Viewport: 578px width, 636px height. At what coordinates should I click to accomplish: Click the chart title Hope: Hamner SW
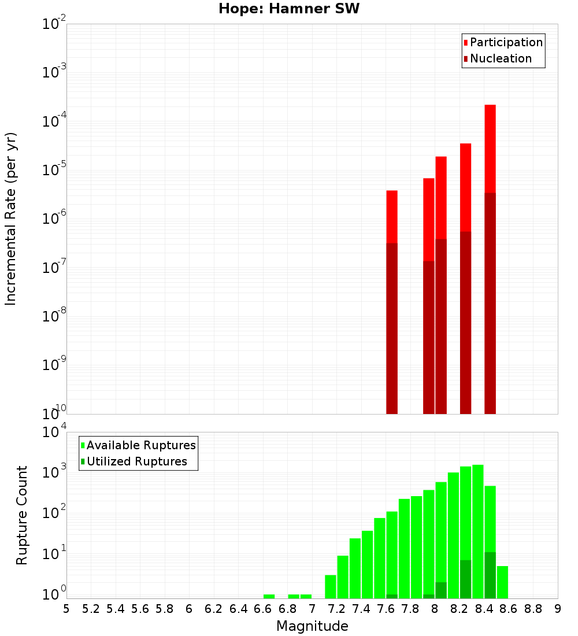[289, 9]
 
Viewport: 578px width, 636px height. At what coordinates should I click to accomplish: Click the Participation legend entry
[506, 43]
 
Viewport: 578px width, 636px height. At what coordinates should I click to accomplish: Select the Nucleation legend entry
[501, 59]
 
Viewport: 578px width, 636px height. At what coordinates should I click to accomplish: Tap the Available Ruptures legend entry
[141, 445]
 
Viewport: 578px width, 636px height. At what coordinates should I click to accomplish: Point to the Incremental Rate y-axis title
[11, 219]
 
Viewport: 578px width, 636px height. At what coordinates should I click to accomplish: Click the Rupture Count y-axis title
[22, 515]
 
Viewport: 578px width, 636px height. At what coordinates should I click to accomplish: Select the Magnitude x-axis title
[312, 626]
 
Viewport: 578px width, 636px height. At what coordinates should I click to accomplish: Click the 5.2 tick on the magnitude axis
[91, 609]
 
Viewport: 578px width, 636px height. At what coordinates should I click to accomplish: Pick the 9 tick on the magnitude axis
[557, 609]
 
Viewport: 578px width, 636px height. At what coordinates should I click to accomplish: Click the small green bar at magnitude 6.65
[269, 596]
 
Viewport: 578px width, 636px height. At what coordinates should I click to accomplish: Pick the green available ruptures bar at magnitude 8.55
[502, 582]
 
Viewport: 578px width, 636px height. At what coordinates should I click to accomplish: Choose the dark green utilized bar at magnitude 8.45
[490, 575]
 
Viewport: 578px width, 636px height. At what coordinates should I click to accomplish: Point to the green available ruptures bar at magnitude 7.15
[331, 587]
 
